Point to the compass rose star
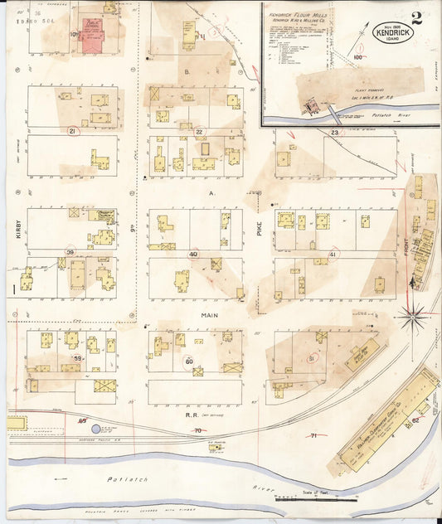click(412, 314)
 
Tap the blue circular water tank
click(95, 429)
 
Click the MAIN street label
click(209, 316)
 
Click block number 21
click(73, 131)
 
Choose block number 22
click(199, 131)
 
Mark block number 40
click(193, 254)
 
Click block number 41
click(333, 254)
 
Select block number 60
click(189, 361)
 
